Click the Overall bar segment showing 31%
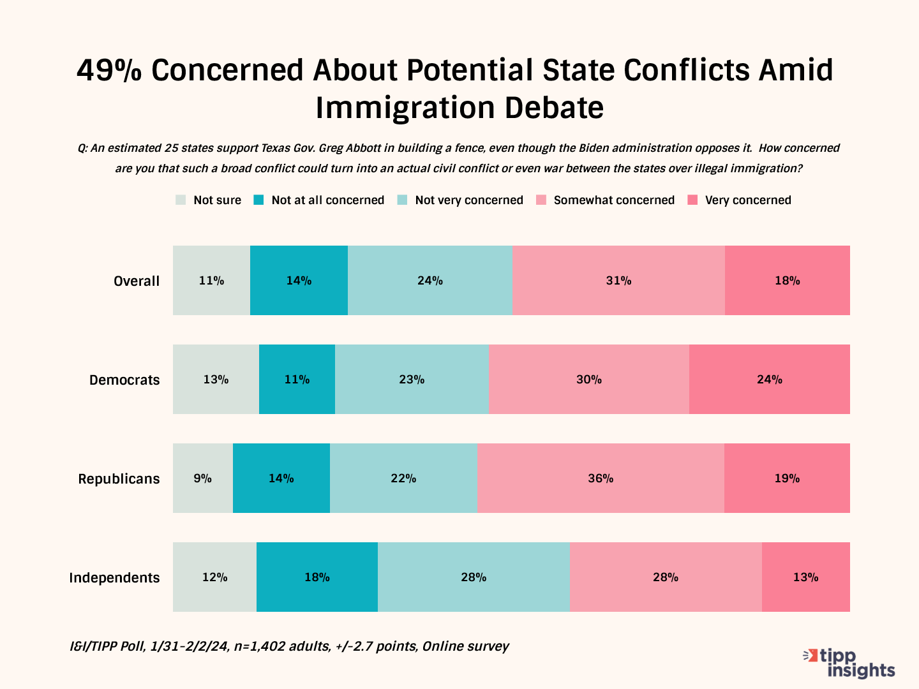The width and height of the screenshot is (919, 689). (x=618, y=280)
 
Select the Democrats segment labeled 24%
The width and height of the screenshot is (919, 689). (x=769, y=379)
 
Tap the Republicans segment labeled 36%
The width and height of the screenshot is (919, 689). (x=600, y=478)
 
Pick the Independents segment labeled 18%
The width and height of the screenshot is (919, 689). (x=317, y=577)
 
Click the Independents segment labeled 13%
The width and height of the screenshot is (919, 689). (x=805, y=577)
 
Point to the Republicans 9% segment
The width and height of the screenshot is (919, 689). (x=202, y=478)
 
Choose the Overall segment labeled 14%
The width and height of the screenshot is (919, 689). (x=299, y=280)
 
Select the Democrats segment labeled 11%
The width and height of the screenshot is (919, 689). (x=297, y=379)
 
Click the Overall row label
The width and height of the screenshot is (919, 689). (x=137, y=281)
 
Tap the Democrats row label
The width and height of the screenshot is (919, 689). (x=124, y=380)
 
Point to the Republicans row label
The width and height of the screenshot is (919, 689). (x=119, y=478)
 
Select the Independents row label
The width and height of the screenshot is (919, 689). (x=114, y=577)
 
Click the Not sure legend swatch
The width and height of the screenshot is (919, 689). (x=181, y=200)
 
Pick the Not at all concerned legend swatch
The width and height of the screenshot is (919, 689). (x=258, y=200)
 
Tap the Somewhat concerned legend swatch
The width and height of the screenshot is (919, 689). (x=541, y=200)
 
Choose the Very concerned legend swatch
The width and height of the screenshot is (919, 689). (x=692, y=200)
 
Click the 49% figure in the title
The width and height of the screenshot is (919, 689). (x=109, y=70)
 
